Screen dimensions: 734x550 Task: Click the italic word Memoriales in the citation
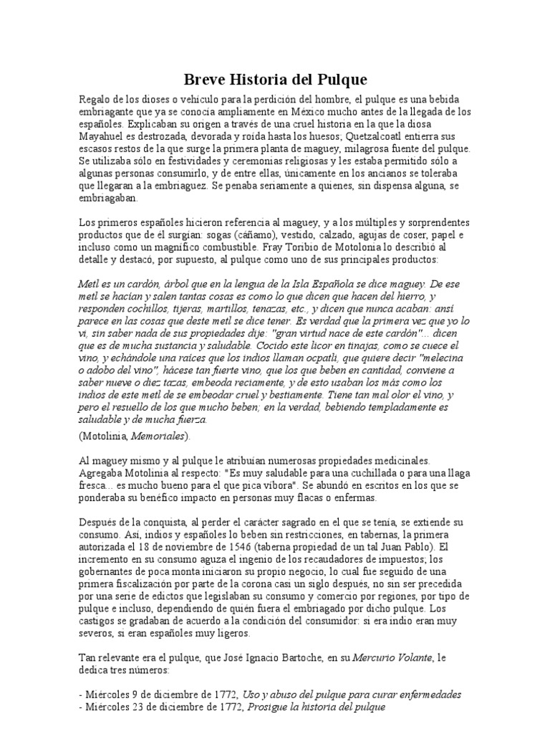(163, 436)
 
